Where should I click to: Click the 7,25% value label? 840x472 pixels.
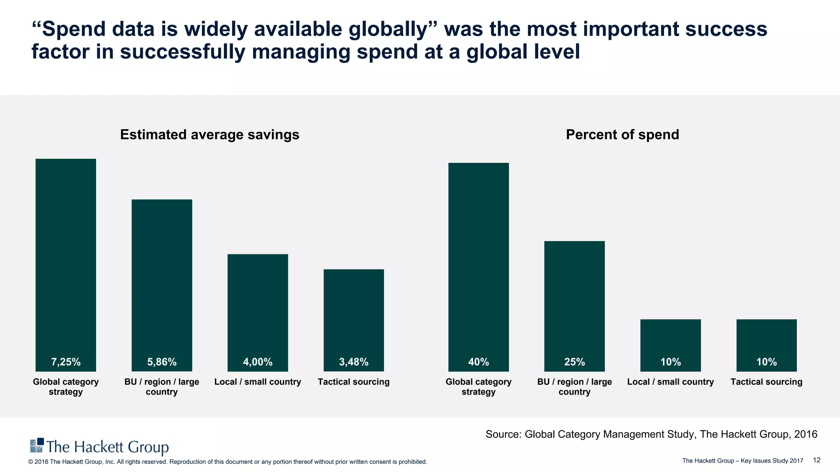(x=66, y=362)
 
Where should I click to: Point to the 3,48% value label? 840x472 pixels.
(x=354, y=362)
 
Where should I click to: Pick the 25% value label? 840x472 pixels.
(x=574, y=362)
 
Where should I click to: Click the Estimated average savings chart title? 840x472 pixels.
(x=210, y=135)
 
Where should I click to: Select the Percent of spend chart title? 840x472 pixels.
(x=622, y=135)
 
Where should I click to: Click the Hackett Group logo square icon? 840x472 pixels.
(x=37, y=445)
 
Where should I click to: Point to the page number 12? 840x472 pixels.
(x=816, y=460)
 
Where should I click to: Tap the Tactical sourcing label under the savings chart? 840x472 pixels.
(x=354, y=382)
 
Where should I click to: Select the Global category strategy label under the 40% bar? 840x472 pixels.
(x=478, y=387)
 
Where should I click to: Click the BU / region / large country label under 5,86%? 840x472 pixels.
(x=162, y=387)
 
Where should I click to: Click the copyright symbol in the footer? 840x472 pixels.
(x=30, y=462)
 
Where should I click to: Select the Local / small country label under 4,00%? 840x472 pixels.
(x=258, y=382)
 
